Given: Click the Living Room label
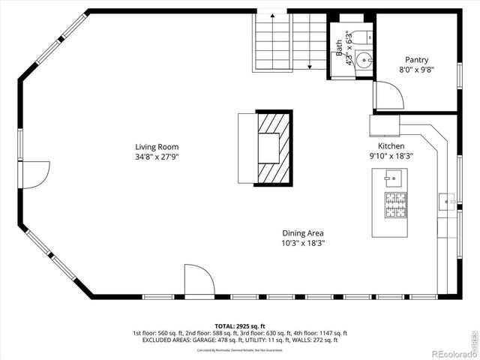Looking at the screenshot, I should (157, 146).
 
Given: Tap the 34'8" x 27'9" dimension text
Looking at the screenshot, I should (157, 157).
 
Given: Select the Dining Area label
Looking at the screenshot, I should (303, 233).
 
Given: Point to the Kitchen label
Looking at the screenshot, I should (391, 146).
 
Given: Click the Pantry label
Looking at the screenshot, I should (417, 60).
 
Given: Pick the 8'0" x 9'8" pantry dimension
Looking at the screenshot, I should (417, 70).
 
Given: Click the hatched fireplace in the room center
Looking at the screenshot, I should (273, 148).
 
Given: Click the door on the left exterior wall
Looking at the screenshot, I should (37, 174).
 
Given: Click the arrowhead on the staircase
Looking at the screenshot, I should (309, 67).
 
